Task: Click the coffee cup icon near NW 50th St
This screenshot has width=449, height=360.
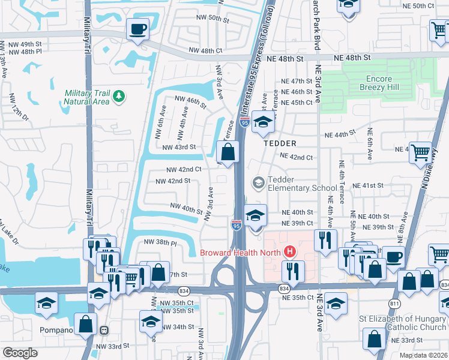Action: [x=137, y=29]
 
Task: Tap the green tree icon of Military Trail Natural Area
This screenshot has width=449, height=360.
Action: [x=119, y=96]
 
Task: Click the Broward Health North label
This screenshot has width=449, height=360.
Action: [x=241, y=252]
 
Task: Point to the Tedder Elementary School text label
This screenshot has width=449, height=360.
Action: [x=294, y=184]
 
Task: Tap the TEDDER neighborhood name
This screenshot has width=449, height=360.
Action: [x=279, y=143]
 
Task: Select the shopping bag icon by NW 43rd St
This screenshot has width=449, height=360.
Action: [x=228, y=152]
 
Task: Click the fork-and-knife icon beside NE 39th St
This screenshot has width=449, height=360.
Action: [x=325, y=240]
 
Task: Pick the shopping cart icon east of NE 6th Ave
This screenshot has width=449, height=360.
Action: [x=421, y=152]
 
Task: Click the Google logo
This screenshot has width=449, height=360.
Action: [x=20, y=353]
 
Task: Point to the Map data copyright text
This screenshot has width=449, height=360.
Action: [x=424, y=355]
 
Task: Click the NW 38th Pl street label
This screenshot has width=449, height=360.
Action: [x=160, y=243]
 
